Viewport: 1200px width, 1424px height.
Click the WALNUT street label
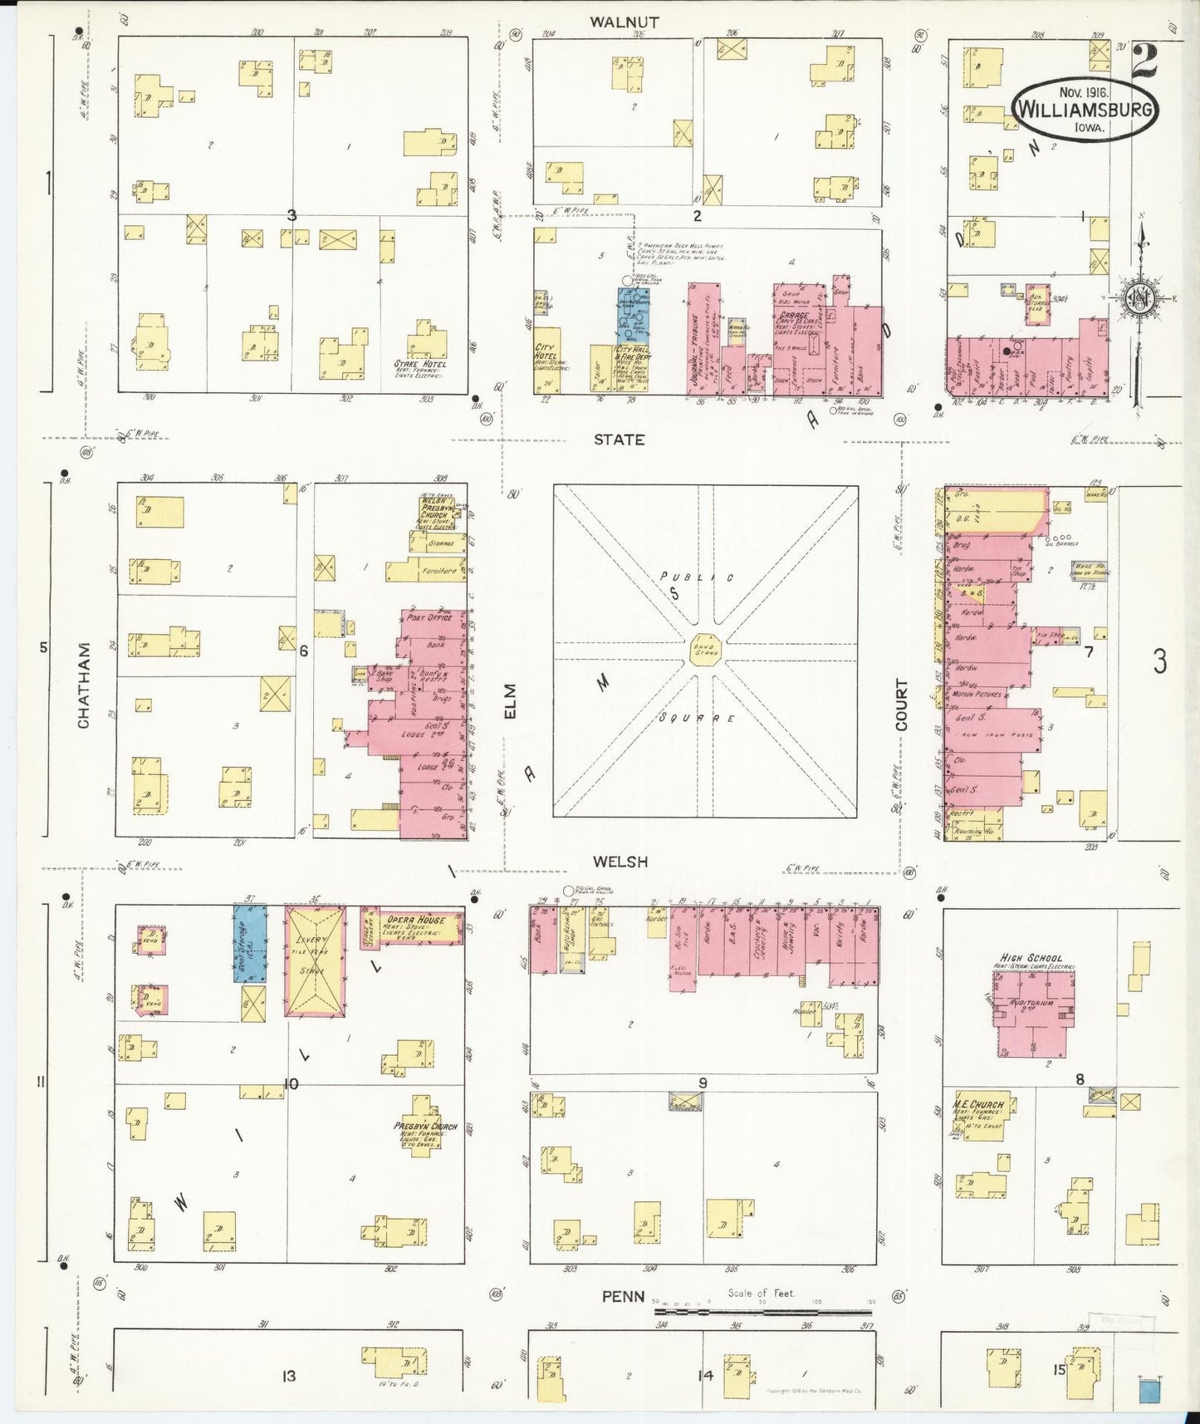[624, 22]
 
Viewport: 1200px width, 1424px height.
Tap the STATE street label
[619, 439]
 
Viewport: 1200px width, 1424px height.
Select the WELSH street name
[621, 862]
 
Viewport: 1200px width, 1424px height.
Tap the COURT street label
[901, 705]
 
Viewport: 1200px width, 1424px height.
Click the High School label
[1032, 958]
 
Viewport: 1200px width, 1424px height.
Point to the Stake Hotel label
[421, 364]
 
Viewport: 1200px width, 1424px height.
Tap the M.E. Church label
[978, 1104]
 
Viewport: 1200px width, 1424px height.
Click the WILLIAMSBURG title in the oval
[1085, 109]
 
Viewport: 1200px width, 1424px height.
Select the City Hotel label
[545, 352]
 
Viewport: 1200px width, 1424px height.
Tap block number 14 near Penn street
[705, 1376]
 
